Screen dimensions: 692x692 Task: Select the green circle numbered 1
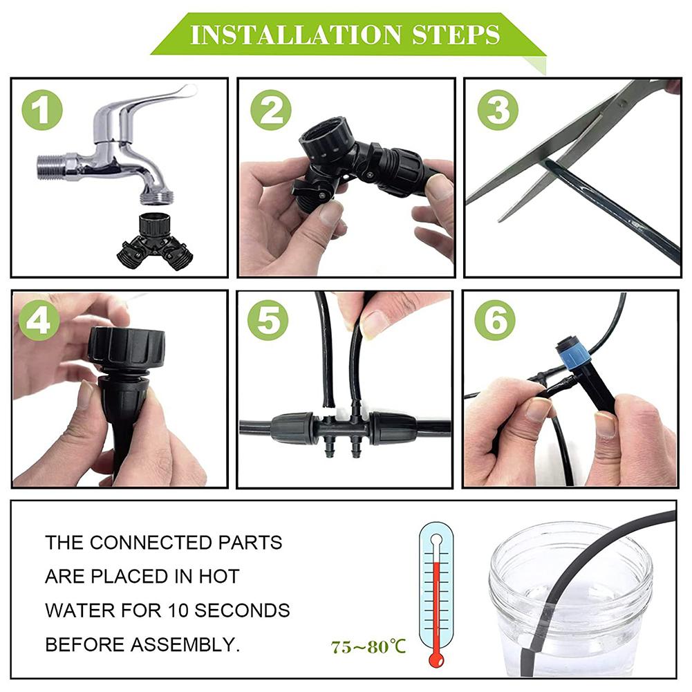[x=41, y=111]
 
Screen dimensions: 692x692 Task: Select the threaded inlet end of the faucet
[x=50, y=167]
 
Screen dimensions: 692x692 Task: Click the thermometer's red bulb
[x=436, y=659]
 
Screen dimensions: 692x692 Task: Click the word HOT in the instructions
[x=219, y=576]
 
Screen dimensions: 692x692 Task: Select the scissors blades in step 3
[x=553, y=145]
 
